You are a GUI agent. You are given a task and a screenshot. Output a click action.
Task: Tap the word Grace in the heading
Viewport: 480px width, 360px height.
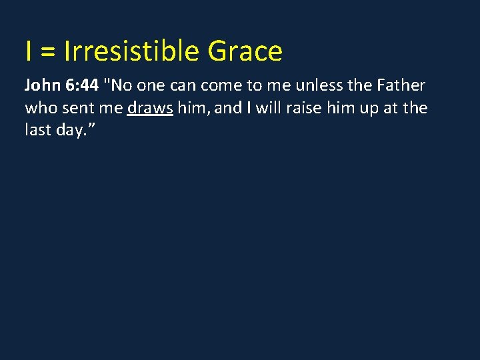[245, 51]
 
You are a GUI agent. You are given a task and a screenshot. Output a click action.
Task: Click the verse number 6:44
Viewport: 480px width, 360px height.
[82, 86]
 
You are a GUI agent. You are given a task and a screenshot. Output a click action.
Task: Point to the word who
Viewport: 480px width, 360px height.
[38, 108]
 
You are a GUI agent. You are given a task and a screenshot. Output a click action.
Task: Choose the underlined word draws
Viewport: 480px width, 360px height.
[150, 108]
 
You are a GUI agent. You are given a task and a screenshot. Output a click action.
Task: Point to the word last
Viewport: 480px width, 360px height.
[37, 129]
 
